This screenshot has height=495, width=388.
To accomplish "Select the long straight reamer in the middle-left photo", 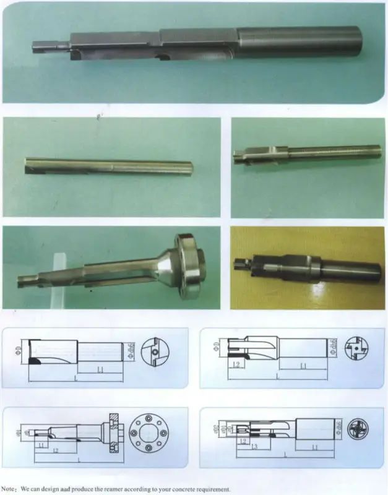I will [108, 166].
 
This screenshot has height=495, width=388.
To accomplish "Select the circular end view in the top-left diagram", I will [154, 351].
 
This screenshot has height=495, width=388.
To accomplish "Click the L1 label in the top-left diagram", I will [100, 369].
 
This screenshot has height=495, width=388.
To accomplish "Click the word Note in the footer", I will [11, 489].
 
